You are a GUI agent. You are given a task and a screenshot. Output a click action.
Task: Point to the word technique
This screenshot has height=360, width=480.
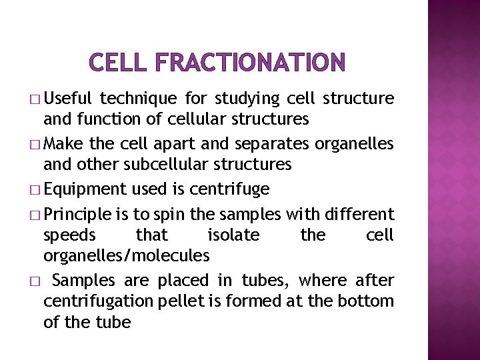click(x=138, y=99)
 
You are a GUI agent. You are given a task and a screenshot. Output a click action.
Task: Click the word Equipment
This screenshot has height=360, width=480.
click(x=85, y=190)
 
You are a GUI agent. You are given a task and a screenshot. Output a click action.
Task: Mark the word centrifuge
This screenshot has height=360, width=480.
click(x=229, y=190)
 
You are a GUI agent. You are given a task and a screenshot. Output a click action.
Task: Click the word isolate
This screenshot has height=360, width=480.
click(x=233, y=235)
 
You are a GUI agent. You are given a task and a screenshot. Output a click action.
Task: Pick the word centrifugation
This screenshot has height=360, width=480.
click(x=99, y=301)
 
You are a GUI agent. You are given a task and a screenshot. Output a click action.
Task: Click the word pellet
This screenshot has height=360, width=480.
click(x=181, y=301)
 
